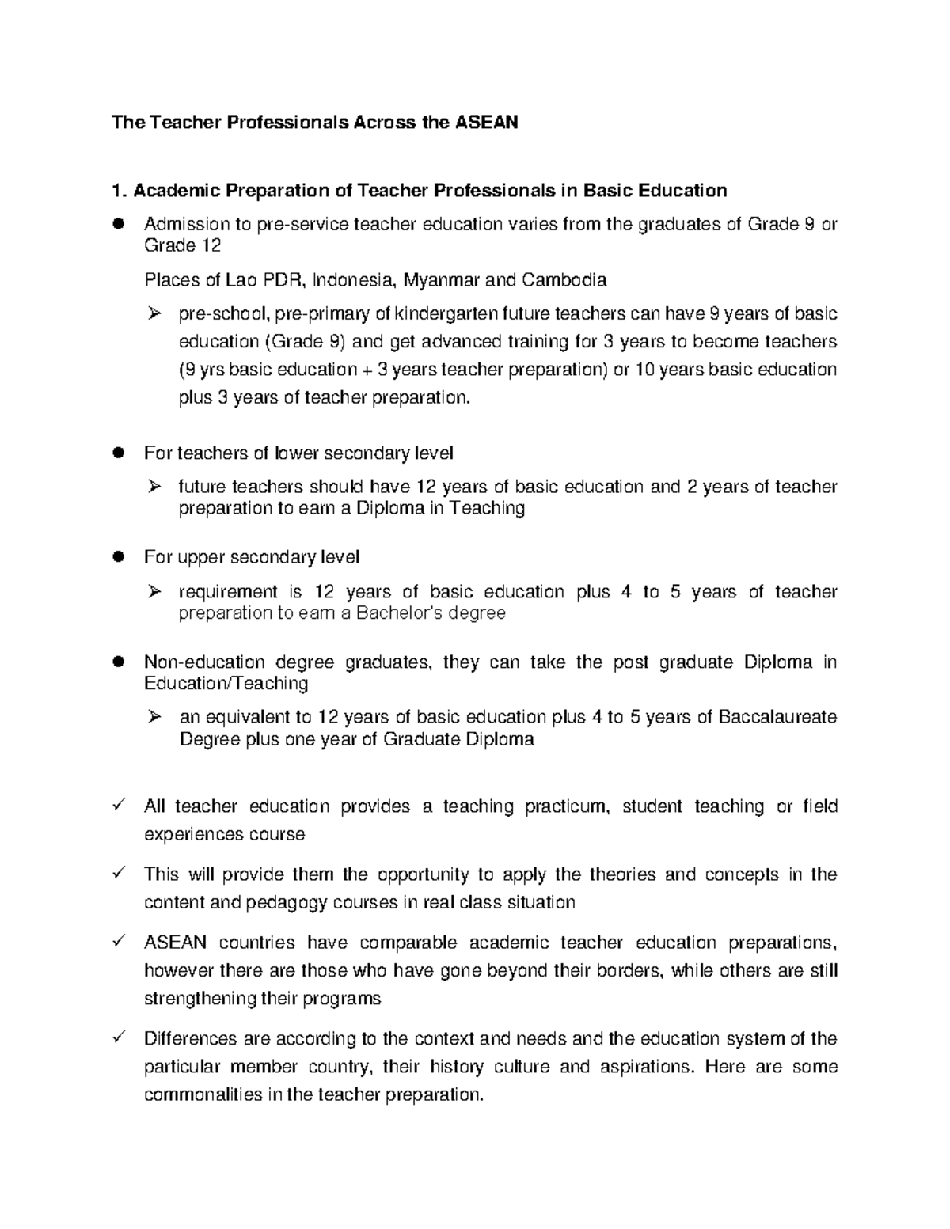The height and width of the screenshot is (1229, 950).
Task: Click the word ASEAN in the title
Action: (485, 123)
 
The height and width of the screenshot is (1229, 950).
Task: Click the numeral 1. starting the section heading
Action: (119, 191)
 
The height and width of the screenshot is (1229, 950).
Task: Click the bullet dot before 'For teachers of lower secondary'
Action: (119, 453)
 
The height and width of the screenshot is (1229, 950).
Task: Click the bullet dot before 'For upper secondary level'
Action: (119, 557)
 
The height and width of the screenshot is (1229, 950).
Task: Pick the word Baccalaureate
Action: (777, 718)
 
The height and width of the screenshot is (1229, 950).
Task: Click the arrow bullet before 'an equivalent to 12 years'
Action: (155, 717)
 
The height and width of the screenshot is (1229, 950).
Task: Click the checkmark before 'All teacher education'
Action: (120, 806)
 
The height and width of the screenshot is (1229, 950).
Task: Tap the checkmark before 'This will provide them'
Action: (120, 874)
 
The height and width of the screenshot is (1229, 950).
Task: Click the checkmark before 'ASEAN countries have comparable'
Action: (120, 942)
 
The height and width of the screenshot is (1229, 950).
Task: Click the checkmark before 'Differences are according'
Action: (120, 1037)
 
